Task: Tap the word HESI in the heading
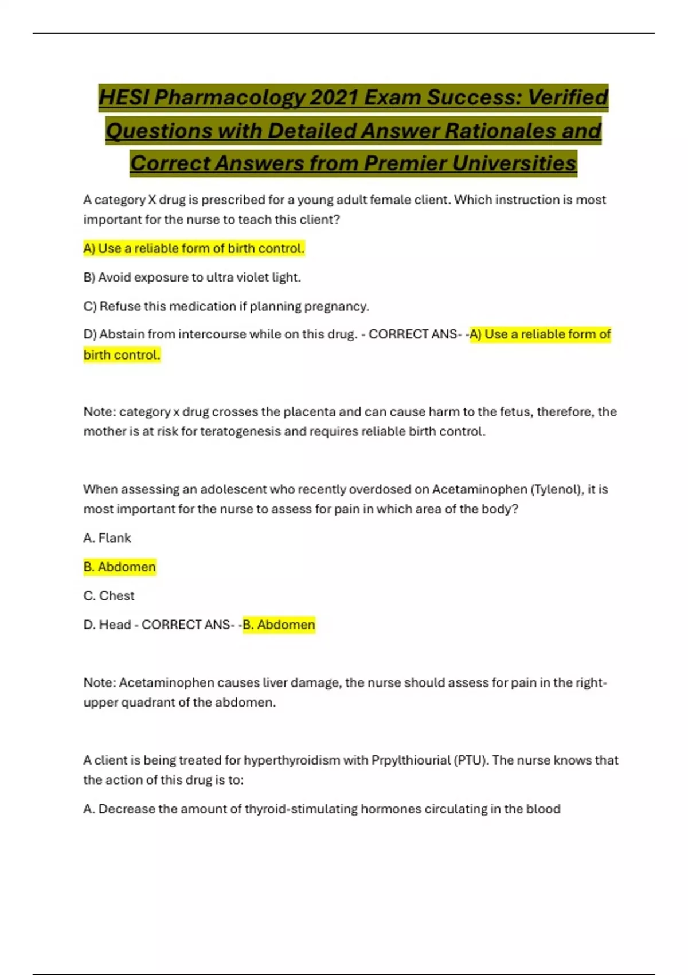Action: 124,97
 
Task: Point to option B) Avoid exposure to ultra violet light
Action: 192,278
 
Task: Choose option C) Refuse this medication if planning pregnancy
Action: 226,306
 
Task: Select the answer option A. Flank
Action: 107,538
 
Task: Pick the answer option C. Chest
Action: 109,596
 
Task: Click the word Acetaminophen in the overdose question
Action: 479,489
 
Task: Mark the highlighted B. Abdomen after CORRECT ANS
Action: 279,625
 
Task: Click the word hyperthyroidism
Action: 292,760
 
